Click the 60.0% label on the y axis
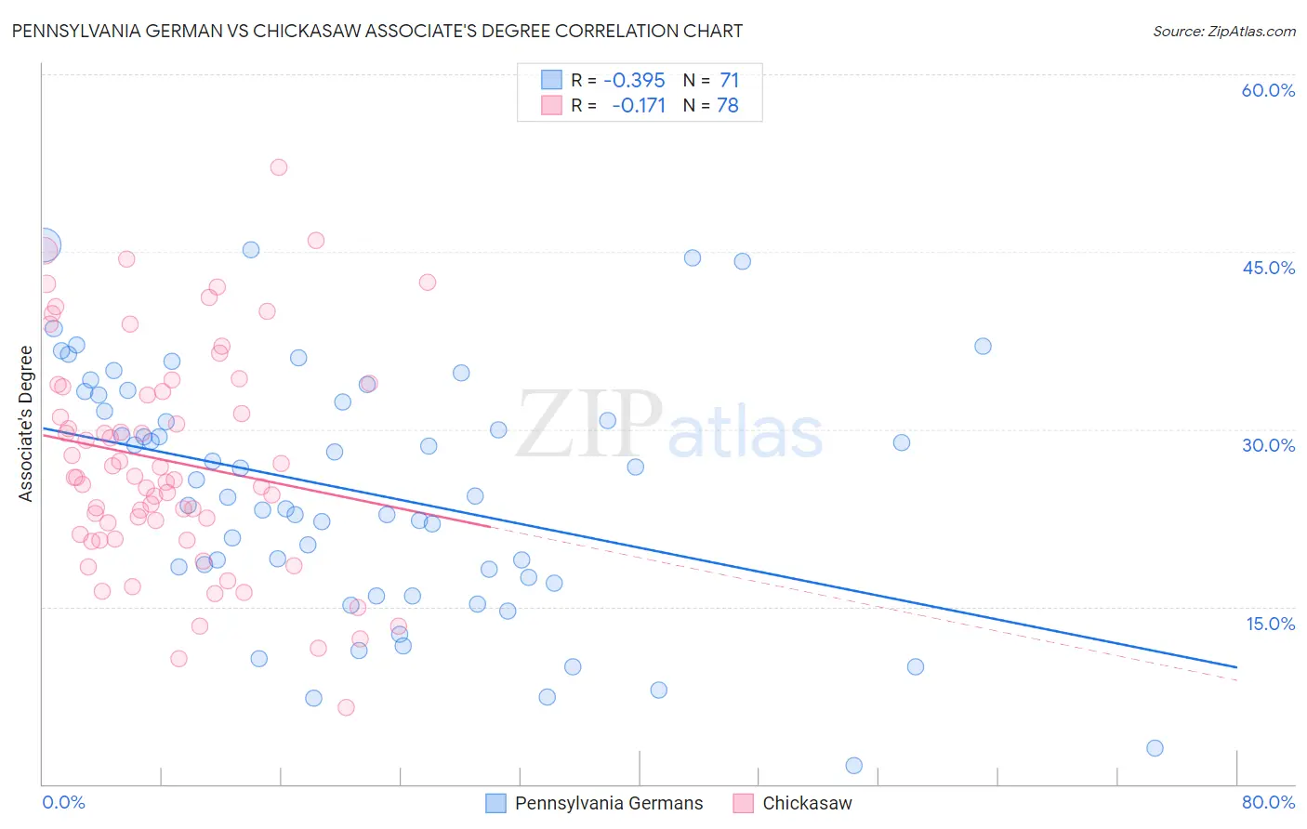[1268, 90]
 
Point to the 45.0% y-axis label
[1268, 268]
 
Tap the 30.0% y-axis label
[1268, 445]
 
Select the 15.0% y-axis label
[1270, 623]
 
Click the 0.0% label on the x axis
[63, 802]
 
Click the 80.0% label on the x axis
[1268, 802]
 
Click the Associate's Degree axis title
[26, 424]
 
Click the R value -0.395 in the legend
[634, 80]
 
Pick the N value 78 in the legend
[728, 106]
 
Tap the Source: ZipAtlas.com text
[1223, 32]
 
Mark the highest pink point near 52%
[279, 167]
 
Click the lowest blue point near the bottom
[853, 766]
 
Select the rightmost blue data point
[1155, 748]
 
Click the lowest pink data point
[346, 707]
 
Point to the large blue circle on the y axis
[44, 246]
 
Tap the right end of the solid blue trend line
[1236, 667]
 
